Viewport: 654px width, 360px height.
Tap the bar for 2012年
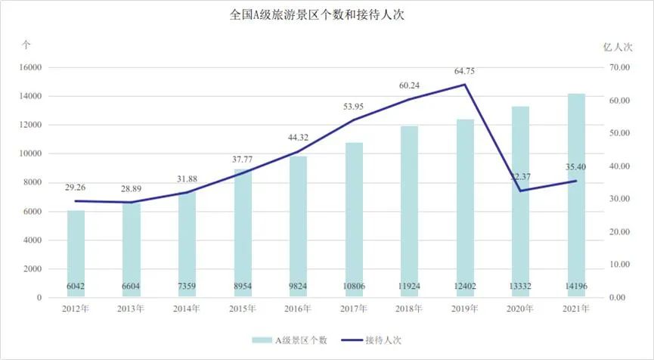pos(76,253)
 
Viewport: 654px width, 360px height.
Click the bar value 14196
pos(576,287)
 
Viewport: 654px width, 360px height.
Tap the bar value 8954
pos(243,287)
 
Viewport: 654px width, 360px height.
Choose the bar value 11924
pos(409,287)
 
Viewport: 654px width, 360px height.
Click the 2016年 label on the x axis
pos(298,309)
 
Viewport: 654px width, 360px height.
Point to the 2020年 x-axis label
pos(520,309)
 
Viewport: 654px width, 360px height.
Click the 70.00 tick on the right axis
pos(620,67)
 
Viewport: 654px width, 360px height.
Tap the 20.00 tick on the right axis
pos(620,231)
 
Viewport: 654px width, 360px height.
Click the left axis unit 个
pos(26,45)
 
